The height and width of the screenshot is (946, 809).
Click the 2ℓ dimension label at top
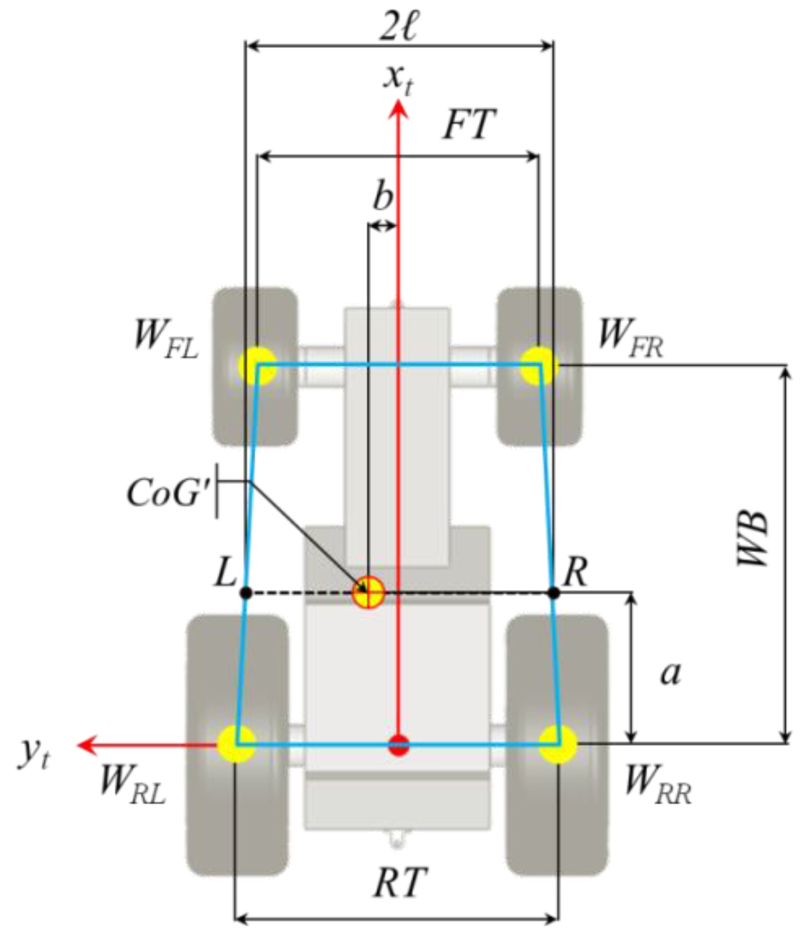tap(398, 26)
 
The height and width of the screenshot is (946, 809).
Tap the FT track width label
tap(468, 125)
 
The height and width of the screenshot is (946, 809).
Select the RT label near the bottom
tap(400, 882)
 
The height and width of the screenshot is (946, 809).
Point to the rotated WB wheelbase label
tap(752, 538)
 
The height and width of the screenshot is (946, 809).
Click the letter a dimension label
tap(671, 673)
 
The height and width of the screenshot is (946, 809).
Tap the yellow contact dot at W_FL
tap(257, 365)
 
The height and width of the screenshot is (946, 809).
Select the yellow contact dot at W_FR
tap(538, 365)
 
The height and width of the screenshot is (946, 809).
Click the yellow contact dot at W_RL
tap(236, 744)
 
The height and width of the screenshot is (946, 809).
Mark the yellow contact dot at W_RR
tap(558, 744)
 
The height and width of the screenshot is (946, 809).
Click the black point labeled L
tap(245, 593)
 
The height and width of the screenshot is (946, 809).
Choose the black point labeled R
tap(553, 593)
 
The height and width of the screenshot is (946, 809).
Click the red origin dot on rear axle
tap(398, 745)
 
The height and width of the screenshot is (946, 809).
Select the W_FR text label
tap(630, 337)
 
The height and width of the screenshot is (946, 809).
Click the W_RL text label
tap(132, 783)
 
